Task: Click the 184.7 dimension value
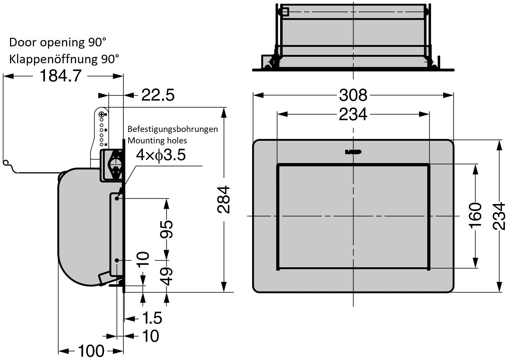60,76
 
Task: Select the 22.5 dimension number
158,95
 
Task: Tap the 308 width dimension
353,95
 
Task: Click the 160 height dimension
475,215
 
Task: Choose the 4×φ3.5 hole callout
161,155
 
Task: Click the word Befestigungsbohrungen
173,129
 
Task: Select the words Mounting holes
157,141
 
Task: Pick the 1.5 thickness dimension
152,318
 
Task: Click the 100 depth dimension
91,351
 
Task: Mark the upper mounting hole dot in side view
117,198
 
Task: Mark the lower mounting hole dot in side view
117,260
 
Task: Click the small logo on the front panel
353,152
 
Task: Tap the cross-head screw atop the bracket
101,115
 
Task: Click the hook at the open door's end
6,163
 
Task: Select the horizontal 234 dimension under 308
353,114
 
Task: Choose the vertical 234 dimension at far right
499,216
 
